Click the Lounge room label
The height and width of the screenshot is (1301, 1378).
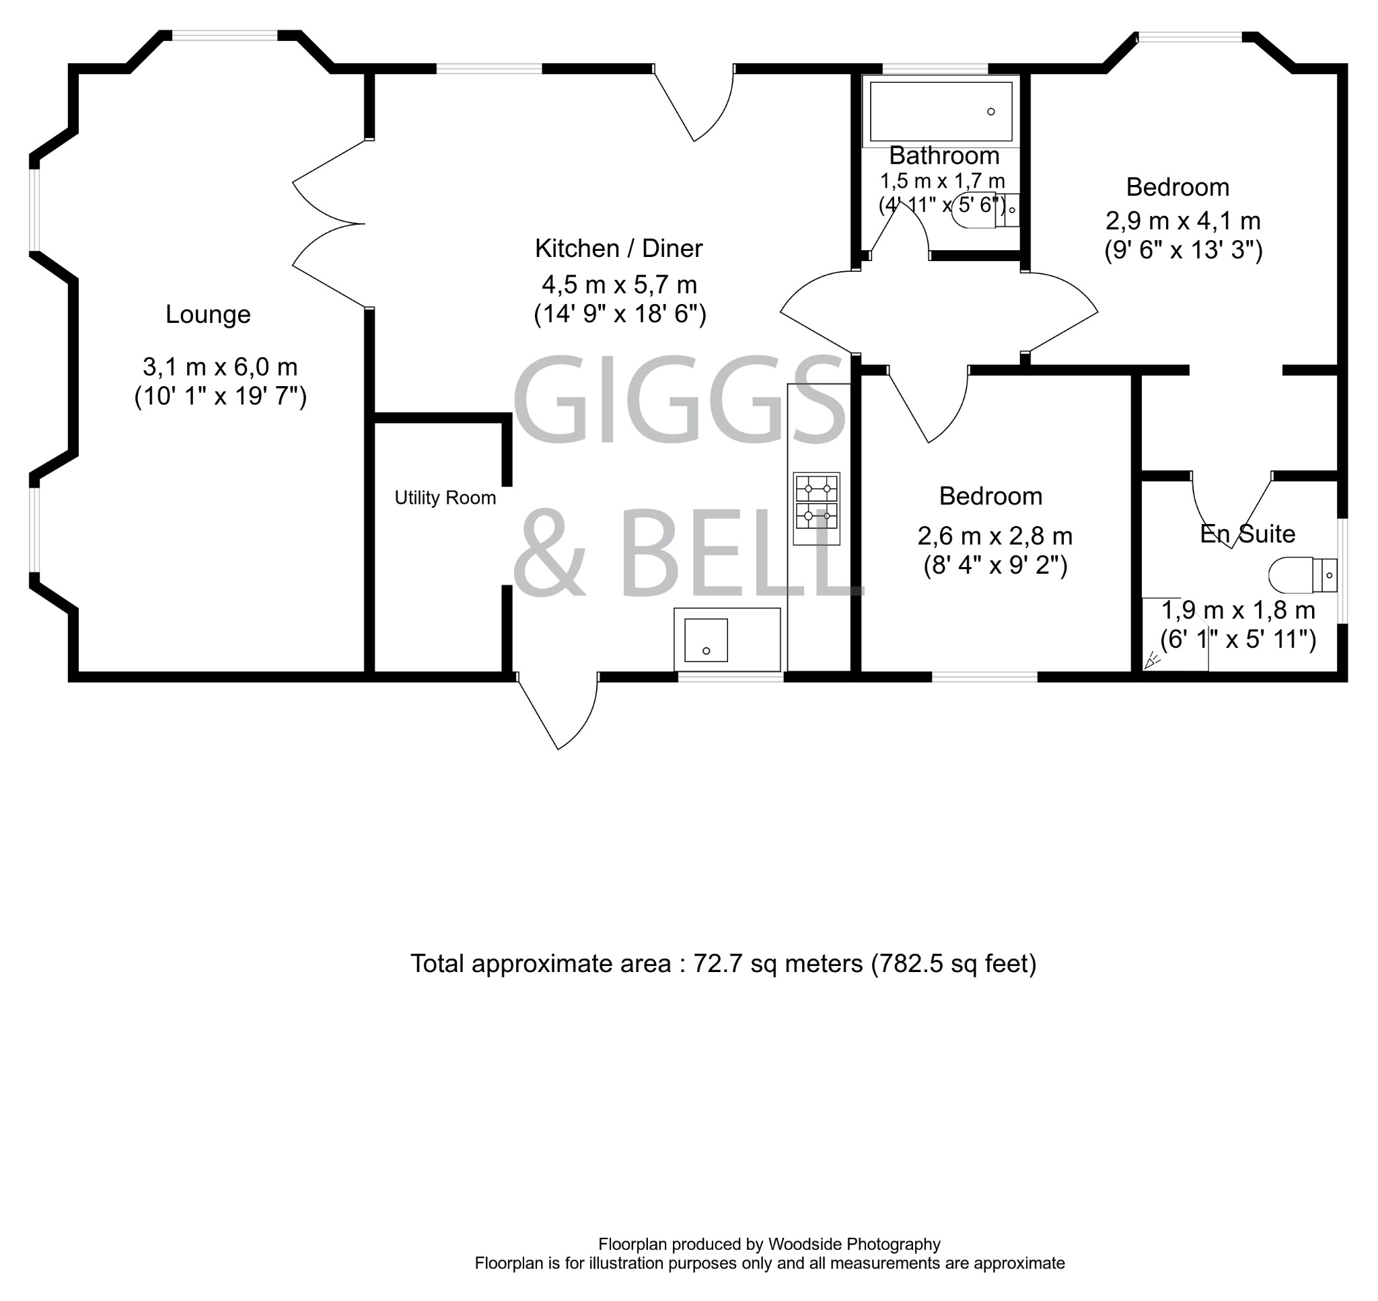pos(207,315)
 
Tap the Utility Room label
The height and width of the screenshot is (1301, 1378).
pos(445,498)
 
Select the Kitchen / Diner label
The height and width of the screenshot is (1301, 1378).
pos(618,248)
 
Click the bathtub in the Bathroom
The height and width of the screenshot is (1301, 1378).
pos(941,112)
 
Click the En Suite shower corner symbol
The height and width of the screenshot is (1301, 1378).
pos(1153,659)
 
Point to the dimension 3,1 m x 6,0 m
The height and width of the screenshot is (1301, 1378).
pos(220,366)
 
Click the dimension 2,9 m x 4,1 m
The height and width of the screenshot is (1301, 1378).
pos(1182,221)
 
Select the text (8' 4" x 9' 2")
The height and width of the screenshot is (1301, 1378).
pos(995,566)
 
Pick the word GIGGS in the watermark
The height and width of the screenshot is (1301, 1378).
pos(678,400)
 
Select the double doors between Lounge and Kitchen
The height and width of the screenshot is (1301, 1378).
pos(330,224)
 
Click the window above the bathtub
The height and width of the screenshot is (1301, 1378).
pos(934,68)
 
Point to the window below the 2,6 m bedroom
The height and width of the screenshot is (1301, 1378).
pos(984,676)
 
